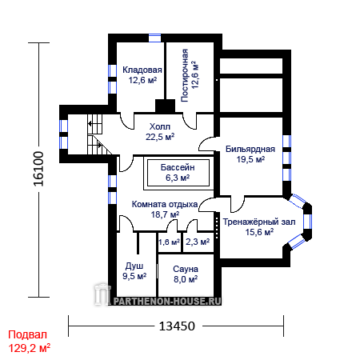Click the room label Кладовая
click(142, 70)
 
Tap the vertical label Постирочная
click(185, 75)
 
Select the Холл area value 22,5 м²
click(160, 137)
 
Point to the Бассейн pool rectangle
click(178, 173)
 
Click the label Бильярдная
click(250, 149)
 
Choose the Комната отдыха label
click(165, 204)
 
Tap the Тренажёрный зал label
click(259, 222)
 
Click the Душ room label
click(134, 266)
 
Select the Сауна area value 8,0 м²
click(186, 279)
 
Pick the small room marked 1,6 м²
click(170, 242)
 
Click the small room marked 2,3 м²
click(198, 242)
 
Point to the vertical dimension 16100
click(38, 169)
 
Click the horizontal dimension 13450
click(177, 326)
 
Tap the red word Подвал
click(27, 334)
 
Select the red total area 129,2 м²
click(30, 348)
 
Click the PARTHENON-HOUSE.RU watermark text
click(167, 302)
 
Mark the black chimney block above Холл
click(166, 106)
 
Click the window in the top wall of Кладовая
click(154, 38)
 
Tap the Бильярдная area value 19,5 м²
click(250, 159)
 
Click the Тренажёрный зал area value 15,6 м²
click(259, 232)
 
